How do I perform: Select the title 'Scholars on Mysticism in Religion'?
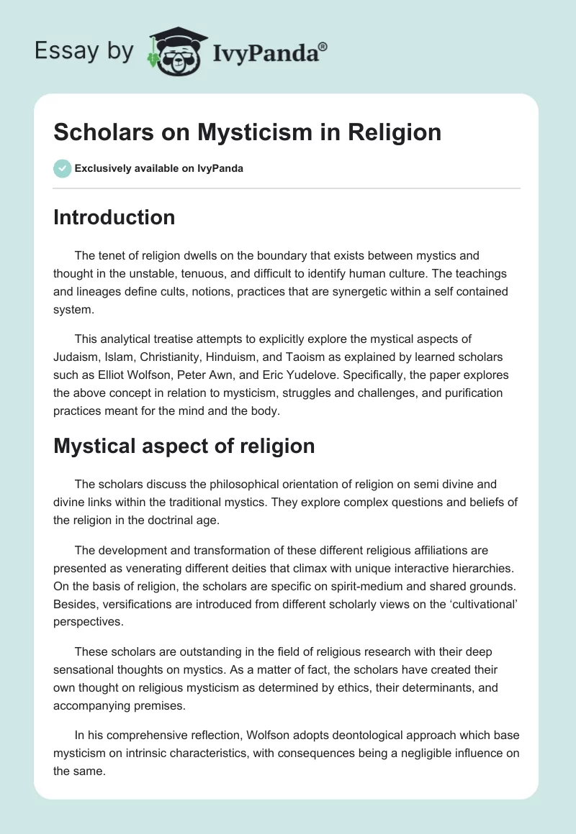[x=247, y=132]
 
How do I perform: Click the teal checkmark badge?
[x=62, y=168]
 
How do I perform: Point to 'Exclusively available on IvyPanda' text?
[x=158, y=168]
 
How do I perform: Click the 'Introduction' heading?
[x=114, y=217]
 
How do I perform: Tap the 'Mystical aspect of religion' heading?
[x=184, y=446]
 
